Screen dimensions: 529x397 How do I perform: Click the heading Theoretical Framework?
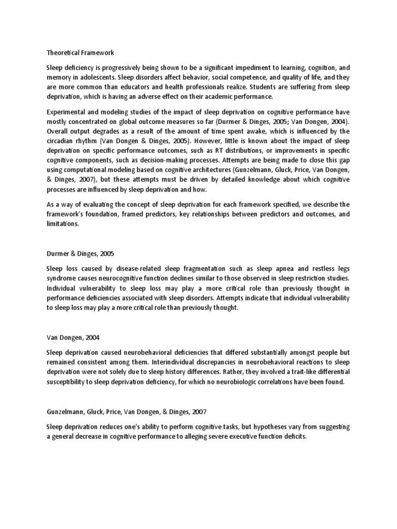coord(80,53)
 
